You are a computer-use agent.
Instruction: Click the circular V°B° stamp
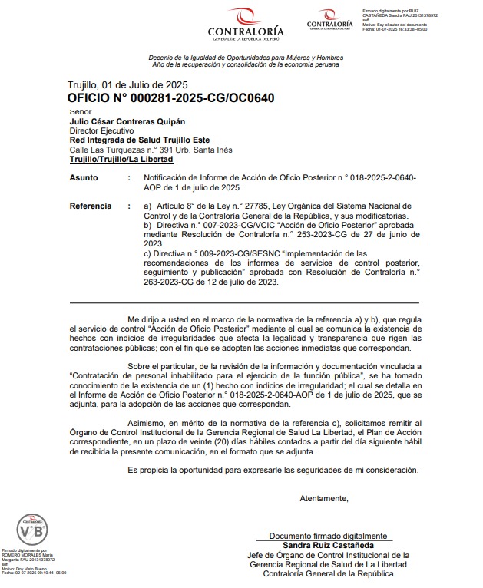35,530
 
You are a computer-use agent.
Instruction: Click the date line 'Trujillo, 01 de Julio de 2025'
127,84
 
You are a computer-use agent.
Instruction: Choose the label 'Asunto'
84,177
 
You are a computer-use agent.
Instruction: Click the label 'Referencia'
91,206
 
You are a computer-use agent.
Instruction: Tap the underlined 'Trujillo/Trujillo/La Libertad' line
121,160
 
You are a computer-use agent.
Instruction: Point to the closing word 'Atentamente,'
324,498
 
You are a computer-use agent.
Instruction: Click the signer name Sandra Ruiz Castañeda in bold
326,544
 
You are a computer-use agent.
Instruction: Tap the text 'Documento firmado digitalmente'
327,535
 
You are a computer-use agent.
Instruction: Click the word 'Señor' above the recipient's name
80,112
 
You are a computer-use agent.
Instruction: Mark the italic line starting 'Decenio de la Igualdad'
246,58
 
